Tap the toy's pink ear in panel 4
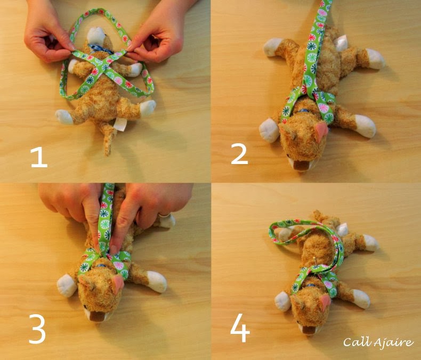[323, 302]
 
